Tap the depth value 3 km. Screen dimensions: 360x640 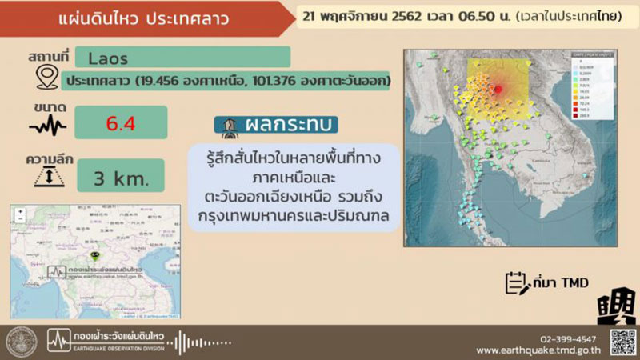(122, 177)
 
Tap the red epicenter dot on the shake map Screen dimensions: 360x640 (498, 90)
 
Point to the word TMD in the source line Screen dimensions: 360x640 (574, 283)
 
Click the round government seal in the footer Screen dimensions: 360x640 (22, 342)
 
